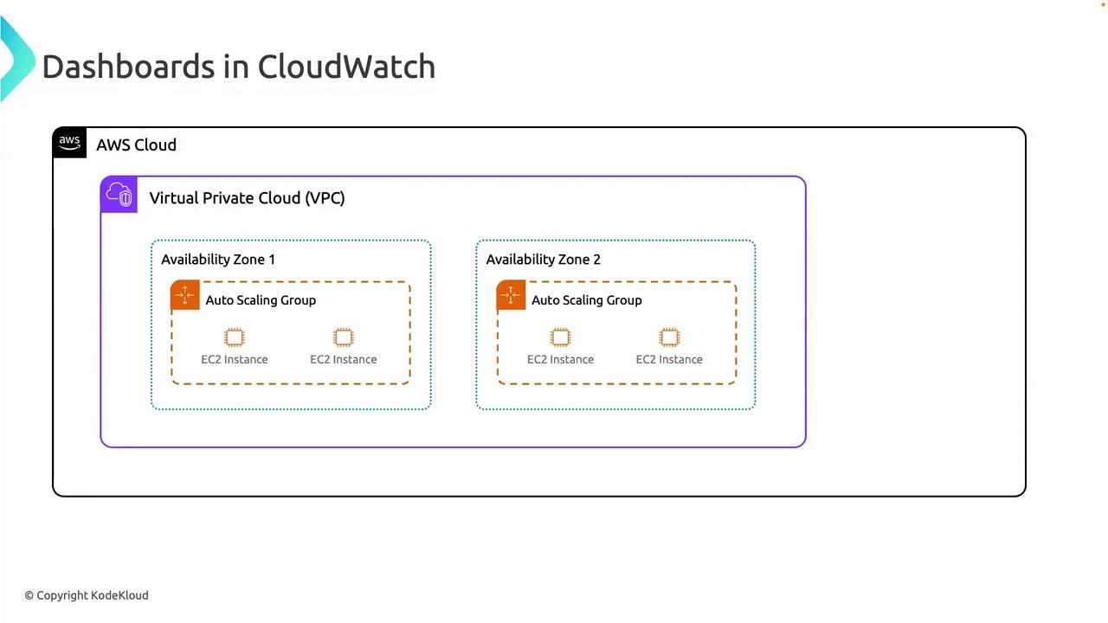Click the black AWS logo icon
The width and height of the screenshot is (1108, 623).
click(x=69, y=143)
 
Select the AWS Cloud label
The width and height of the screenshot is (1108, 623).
click(x=136, y=145)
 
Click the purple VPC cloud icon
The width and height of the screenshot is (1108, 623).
click(x=119, y=195)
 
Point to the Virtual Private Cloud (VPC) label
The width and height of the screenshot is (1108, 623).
click(x=247, y=198)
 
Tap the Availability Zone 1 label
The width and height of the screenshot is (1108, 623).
click(x=217, y=260)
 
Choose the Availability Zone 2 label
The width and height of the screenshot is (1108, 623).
click(x=543, y=260)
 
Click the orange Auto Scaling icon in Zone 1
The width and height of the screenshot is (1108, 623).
click(x=185, y=296)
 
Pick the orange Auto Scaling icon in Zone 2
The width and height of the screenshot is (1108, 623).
click(x=511, y=296)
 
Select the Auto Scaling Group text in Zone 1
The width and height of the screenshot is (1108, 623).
click(x=261, y=300)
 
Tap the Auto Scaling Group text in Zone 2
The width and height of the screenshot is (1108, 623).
click(x=586, y=300)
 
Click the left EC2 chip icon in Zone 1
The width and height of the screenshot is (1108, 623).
click(x=234, y=337)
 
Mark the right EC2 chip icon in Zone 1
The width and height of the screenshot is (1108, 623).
click(x=343, y=337)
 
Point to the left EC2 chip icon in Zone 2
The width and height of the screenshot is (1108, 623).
click(x=560, y=337)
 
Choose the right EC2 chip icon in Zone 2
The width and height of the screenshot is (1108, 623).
click(x=669, y=337)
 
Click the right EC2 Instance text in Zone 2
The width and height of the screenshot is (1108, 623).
click(x=669, y=359)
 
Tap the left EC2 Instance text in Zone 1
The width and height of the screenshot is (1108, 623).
click(x=234, y=359)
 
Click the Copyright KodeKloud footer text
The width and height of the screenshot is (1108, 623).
click(x=87, y=595)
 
